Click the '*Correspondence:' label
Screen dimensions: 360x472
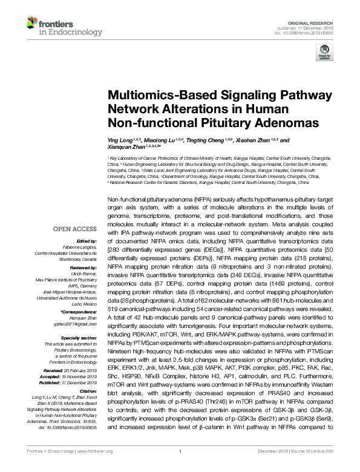(x=80, y=312)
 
